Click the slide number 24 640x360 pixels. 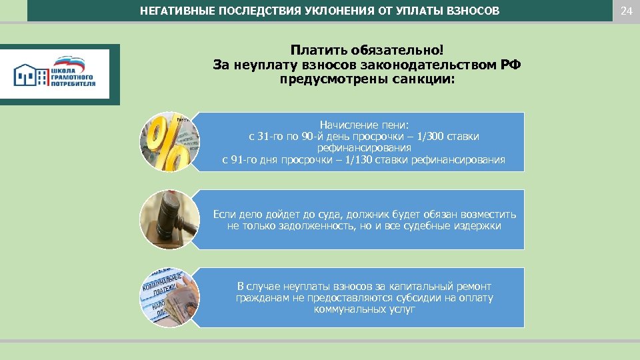click(625, 11)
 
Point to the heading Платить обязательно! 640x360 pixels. click(366, 51)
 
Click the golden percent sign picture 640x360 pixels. click(169, 141)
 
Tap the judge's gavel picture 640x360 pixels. click(169, 219)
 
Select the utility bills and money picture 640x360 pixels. click(169, 297)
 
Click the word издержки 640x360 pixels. click(475, 226)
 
